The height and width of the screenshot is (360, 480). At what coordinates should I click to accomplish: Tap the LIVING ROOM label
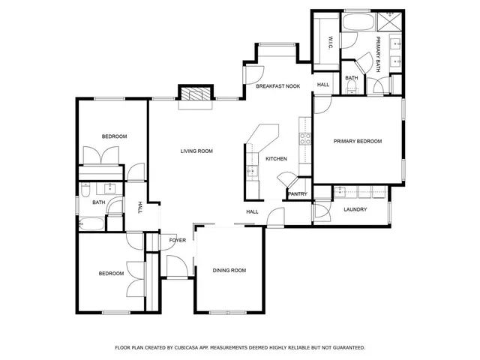(196, 151)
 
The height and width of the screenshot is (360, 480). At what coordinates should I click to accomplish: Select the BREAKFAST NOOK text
(277, 86)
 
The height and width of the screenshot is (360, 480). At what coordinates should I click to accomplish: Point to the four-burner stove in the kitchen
(305, 138)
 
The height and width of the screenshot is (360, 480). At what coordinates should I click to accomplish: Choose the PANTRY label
(297, 194)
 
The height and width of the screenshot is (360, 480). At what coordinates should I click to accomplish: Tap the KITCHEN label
(277, 159)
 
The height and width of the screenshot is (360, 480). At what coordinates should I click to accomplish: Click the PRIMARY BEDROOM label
(358, 142)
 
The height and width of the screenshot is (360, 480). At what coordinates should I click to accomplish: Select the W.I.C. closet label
(329, 43)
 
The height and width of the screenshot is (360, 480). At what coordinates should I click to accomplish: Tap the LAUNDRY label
(355, 209)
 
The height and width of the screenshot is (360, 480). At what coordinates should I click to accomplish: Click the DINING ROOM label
(229, 271)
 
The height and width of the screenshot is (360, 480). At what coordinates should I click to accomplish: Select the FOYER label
(177, 240)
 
